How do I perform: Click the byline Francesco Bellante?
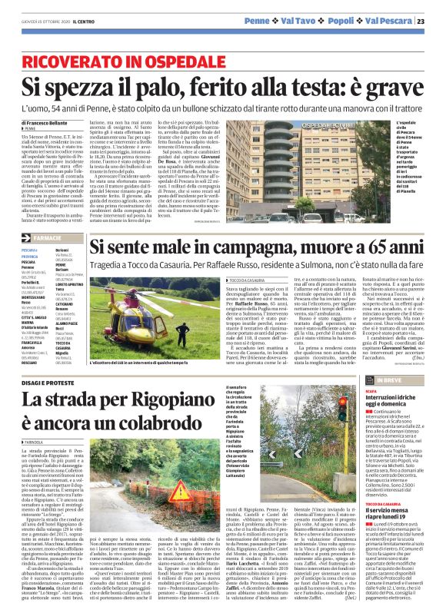click(x=48, y=123)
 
